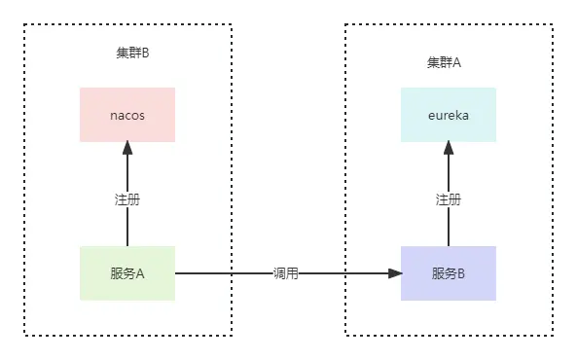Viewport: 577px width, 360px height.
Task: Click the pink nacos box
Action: click(126, 115)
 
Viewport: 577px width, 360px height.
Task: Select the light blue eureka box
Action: click(448, 115)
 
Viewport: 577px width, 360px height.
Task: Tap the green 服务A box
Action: click(126, 273)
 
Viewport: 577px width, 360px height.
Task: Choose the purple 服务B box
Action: click(448, 273)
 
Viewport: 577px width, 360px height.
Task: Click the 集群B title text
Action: click(132, 53)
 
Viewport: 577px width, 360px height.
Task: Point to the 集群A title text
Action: click(444, 62)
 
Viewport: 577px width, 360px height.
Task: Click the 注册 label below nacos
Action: click(126, 199)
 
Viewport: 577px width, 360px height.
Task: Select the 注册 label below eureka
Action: click(448, 199)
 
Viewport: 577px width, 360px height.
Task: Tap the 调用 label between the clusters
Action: click(287, 274)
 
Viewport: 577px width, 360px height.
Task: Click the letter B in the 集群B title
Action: click(146, 53)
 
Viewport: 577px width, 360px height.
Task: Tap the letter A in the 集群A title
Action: click(457, 62)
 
